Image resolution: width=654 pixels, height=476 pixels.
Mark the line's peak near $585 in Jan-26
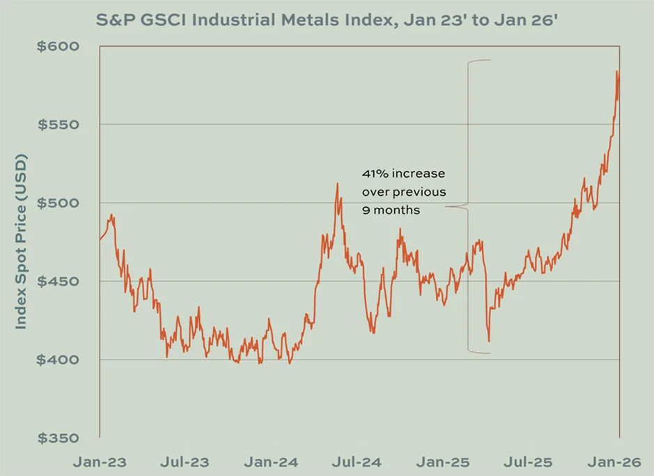[x=617, y=71]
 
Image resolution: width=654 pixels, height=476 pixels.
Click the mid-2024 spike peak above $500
[x=337, y=184]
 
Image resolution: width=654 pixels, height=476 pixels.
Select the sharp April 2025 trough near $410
[x=489, y=341]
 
